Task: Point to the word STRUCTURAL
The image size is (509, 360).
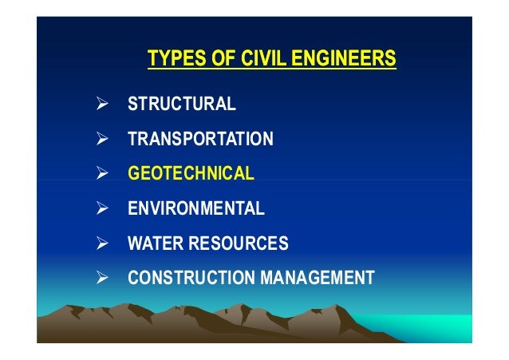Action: pos(181,105)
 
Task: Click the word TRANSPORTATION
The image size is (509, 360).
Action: pos(200,140)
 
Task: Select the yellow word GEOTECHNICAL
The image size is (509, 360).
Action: pos(191,174)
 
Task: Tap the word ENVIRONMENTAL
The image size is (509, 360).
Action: pos(195,209)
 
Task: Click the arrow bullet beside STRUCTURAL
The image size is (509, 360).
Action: pos(102,105)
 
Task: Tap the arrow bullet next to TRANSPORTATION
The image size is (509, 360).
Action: pos(102,140)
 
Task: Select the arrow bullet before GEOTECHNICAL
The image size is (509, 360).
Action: pos(102,174)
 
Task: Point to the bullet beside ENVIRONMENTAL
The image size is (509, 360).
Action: pos(102,209)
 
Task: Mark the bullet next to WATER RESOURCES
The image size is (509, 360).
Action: pos(102,243)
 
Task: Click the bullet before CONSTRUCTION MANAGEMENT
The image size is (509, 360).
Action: pos(102,279)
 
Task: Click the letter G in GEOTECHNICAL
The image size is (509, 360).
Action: pos(133,174)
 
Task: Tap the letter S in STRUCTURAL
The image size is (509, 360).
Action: pos(132,105)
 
